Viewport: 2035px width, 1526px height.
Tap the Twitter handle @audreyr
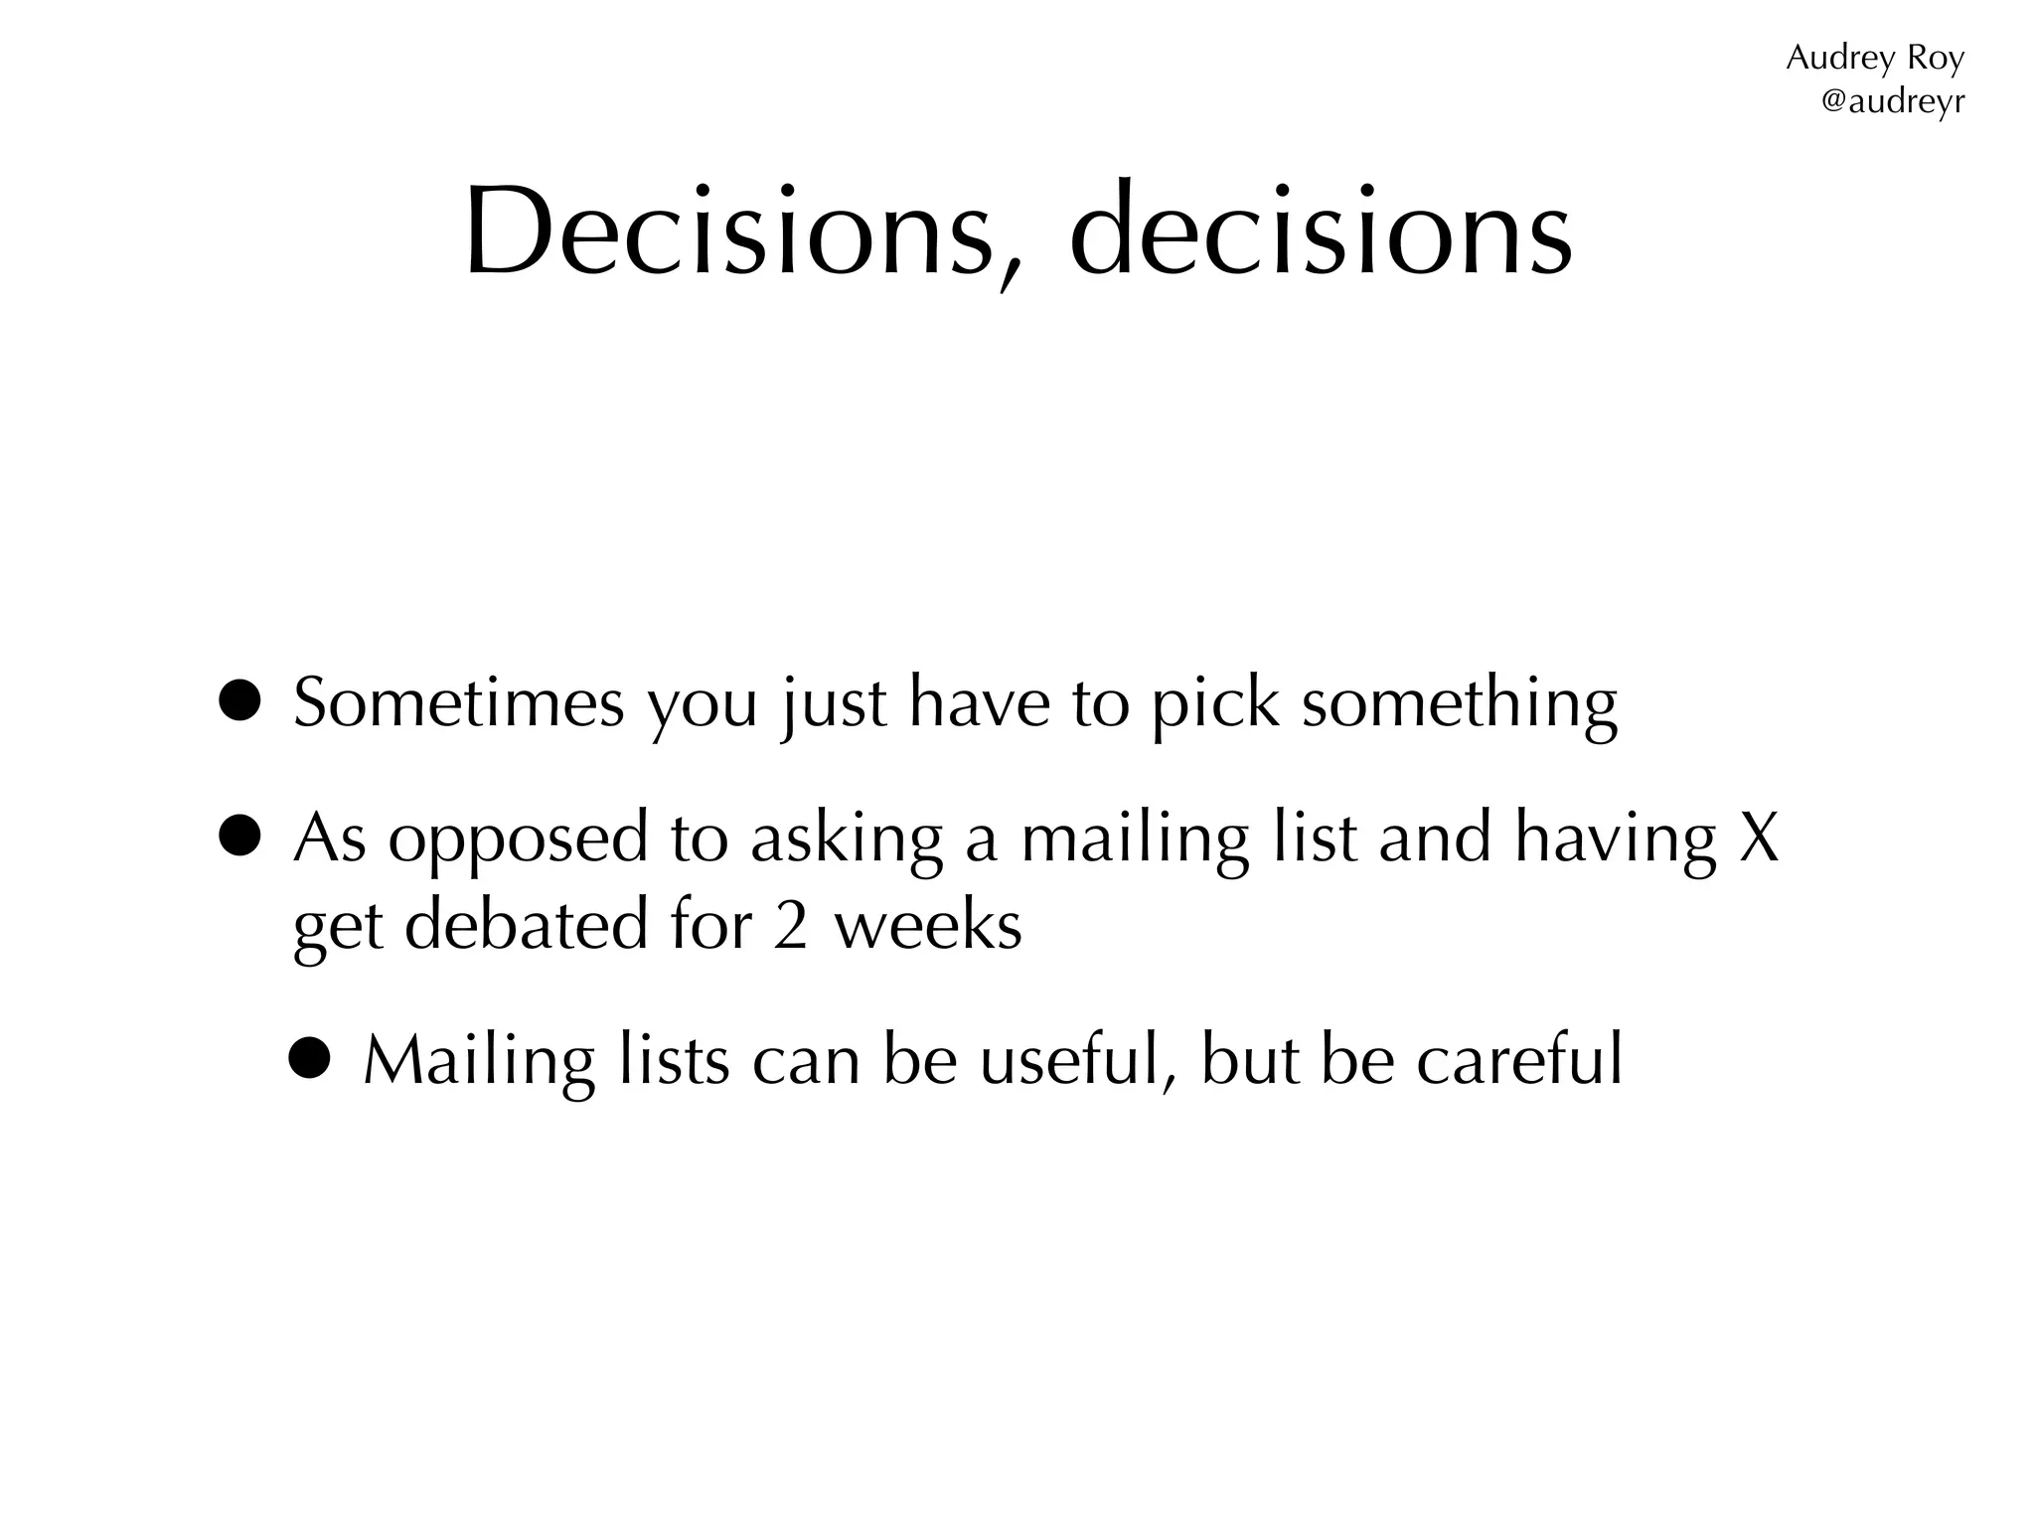point(1892,101)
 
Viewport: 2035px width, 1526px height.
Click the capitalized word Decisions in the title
point(730,230)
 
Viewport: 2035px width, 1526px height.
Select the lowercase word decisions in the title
point(1321,230)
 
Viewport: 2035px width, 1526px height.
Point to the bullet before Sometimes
point(241,702)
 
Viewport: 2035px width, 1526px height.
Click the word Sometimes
point(459,702)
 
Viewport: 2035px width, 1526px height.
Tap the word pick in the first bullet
point(1215,705)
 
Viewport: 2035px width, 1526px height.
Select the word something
point(1460,705)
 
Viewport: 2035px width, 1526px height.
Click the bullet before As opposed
point(241,837)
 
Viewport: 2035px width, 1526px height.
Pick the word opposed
point(517,840)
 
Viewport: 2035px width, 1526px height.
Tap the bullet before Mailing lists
point(309,1060)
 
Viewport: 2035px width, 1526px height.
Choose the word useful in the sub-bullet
point(1071,1060)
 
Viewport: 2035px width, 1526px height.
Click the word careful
point(1519,1060)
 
